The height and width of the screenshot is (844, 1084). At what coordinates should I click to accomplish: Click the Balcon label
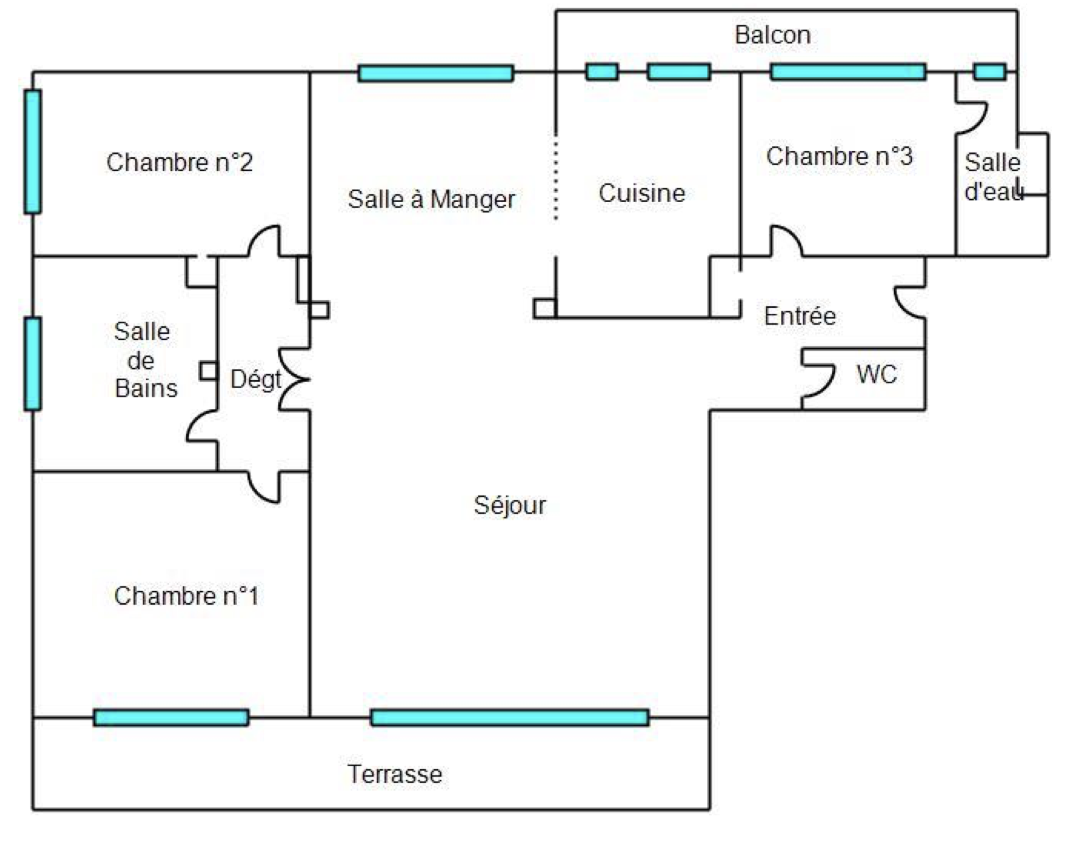772,36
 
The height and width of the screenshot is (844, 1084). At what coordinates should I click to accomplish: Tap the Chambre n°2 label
179,163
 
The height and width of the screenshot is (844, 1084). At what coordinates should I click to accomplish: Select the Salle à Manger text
431,199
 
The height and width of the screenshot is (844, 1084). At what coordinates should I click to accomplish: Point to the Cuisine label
641,193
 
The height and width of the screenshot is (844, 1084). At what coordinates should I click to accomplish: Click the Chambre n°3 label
839,157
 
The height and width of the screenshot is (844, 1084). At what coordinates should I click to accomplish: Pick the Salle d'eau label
993,177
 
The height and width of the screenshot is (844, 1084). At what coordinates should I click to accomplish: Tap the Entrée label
800,316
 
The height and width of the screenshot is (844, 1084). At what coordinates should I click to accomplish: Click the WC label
876,374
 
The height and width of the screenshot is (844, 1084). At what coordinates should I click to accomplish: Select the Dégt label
256,380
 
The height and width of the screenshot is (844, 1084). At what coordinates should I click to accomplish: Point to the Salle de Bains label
144,360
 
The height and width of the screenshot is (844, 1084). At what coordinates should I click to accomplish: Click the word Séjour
510,505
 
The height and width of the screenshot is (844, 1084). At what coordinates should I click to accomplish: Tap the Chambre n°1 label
186,596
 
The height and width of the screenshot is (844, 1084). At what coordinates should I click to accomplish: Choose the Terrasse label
394,774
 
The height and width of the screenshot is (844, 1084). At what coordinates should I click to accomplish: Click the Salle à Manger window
436,73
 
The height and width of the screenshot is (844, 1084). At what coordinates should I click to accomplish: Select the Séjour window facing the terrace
510,718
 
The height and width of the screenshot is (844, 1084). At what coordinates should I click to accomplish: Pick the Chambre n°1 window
171,718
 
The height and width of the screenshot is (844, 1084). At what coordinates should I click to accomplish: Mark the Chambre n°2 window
33,152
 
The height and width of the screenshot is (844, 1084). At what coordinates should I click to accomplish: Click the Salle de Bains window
33,364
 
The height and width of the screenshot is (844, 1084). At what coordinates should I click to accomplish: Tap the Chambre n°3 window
848,72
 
